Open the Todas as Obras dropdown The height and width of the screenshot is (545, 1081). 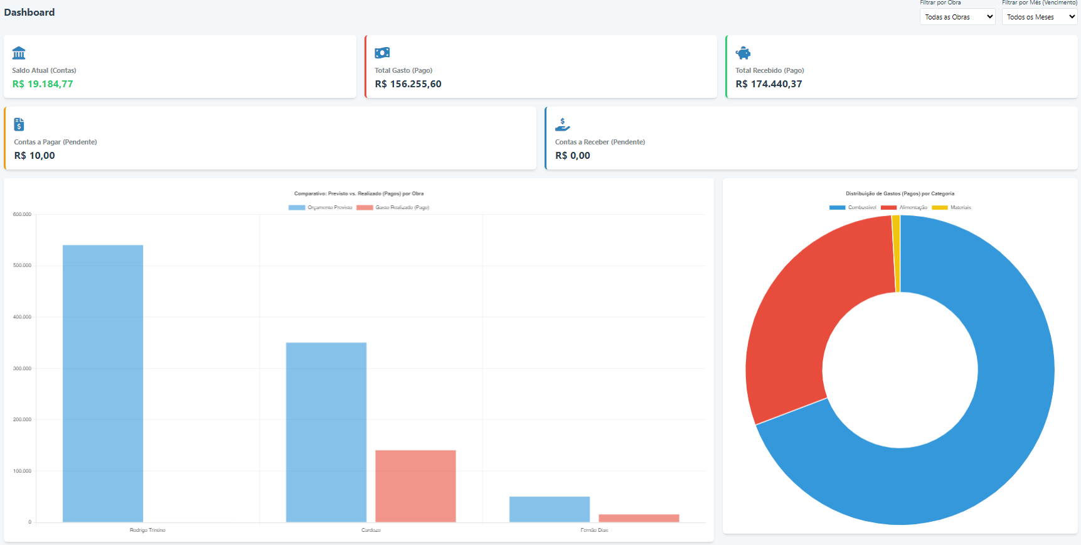point(957,17)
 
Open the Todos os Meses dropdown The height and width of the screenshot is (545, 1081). point(1039,17)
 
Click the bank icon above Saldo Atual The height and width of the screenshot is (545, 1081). point(19,53)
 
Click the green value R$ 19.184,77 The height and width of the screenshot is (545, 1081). point(43,84)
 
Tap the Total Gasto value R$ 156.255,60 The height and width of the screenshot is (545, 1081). point(408,84)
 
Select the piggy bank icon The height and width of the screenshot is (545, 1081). point(743,53)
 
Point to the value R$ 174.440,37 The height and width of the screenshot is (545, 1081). point(769,84)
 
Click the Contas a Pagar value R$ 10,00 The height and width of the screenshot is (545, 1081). point(35,156)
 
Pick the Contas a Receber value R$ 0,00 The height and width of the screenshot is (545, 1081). point(572,156)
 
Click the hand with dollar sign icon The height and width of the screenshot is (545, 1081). point(562,124)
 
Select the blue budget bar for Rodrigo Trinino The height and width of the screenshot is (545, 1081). point(103,383)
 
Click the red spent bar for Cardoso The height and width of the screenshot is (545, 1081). point(415,486)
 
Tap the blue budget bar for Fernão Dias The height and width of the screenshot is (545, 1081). point(550,509)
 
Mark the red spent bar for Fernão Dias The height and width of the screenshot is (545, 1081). point(639,518)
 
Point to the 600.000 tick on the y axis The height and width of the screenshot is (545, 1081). point(22,215)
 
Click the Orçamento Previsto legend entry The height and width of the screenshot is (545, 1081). point(321,207)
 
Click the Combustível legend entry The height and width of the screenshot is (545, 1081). point(853,207)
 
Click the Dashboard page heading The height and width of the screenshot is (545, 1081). point(29,13)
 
